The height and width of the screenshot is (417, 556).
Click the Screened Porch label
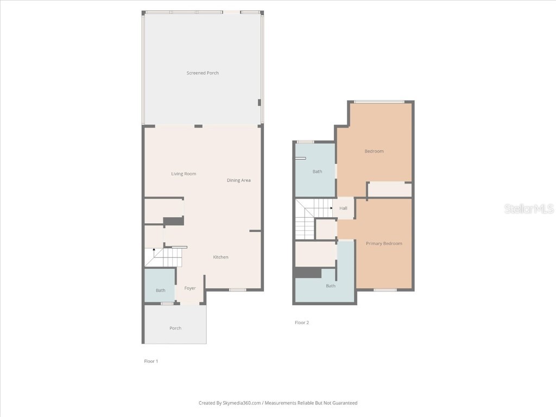coord(203,73)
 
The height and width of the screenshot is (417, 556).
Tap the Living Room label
coord(184,174)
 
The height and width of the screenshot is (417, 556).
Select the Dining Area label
coord(239,180)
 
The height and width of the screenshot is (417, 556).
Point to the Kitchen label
coord(220,257)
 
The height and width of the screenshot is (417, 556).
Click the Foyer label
coord(190,288)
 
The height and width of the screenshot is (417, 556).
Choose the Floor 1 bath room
coord(160,286)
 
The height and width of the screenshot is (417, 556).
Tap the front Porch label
coord(175,328)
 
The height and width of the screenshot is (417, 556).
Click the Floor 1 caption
coord(151,361)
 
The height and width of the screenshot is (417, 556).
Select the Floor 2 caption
coord(302,323)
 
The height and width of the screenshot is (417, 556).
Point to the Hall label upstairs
coord(343,208)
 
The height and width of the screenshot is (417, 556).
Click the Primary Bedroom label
coord(384,244)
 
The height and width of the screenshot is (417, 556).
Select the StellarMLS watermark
coord(529,208)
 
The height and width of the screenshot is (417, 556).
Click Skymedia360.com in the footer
coord(242,403)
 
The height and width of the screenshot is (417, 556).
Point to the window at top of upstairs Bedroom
coord(379,102)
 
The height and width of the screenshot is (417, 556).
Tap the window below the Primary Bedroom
coord(385,290)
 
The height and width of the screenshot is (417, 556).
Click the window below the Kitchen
coord(237,290)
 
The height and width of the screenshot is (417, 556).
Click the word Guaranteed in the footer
coord(345,403)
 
